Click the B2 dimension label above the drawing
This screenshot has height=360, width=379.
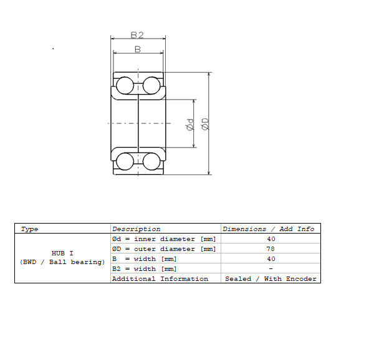[137, 36]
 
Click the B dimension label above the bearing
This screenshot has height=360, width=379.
[138, 49]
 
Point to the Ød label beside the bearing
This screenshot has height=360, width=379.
[190, 125]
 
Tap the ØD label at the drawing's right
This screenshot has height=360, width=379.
[205, 124]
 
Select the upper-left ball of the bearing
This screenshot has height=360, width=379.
[125, 85]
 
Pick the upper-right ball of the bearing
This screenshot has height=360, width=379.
[151, 85]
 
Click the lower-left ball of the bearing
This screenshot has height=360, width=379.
[125, 161]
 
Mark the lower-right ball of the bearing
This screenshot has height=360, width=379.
[151, 161]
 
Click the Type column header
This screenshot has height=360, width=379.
[29, 229]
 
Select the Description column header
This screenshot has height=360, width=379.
[136, 229]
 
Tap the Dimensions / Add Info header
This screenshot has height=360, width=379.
[268, 229]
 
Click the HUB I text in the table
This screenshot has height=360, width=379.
[62, 253]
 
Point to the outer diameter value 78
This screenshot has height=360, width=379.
[271, 249]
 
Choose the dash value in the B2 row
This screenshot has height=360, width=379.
[271, 268]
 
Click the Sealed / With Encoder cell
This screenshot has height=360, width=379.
[271, 279]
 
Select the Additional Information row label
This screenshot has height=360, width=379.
[160, 279]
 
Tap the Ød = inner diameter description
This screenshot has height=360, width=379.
[164, 239]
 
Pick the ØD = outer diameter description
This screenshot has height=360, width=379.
[164, 249]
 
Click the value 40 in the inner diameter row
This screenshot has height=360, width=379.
[271, 239]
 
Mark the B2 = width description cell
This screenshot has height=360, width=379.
[144, 268]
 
